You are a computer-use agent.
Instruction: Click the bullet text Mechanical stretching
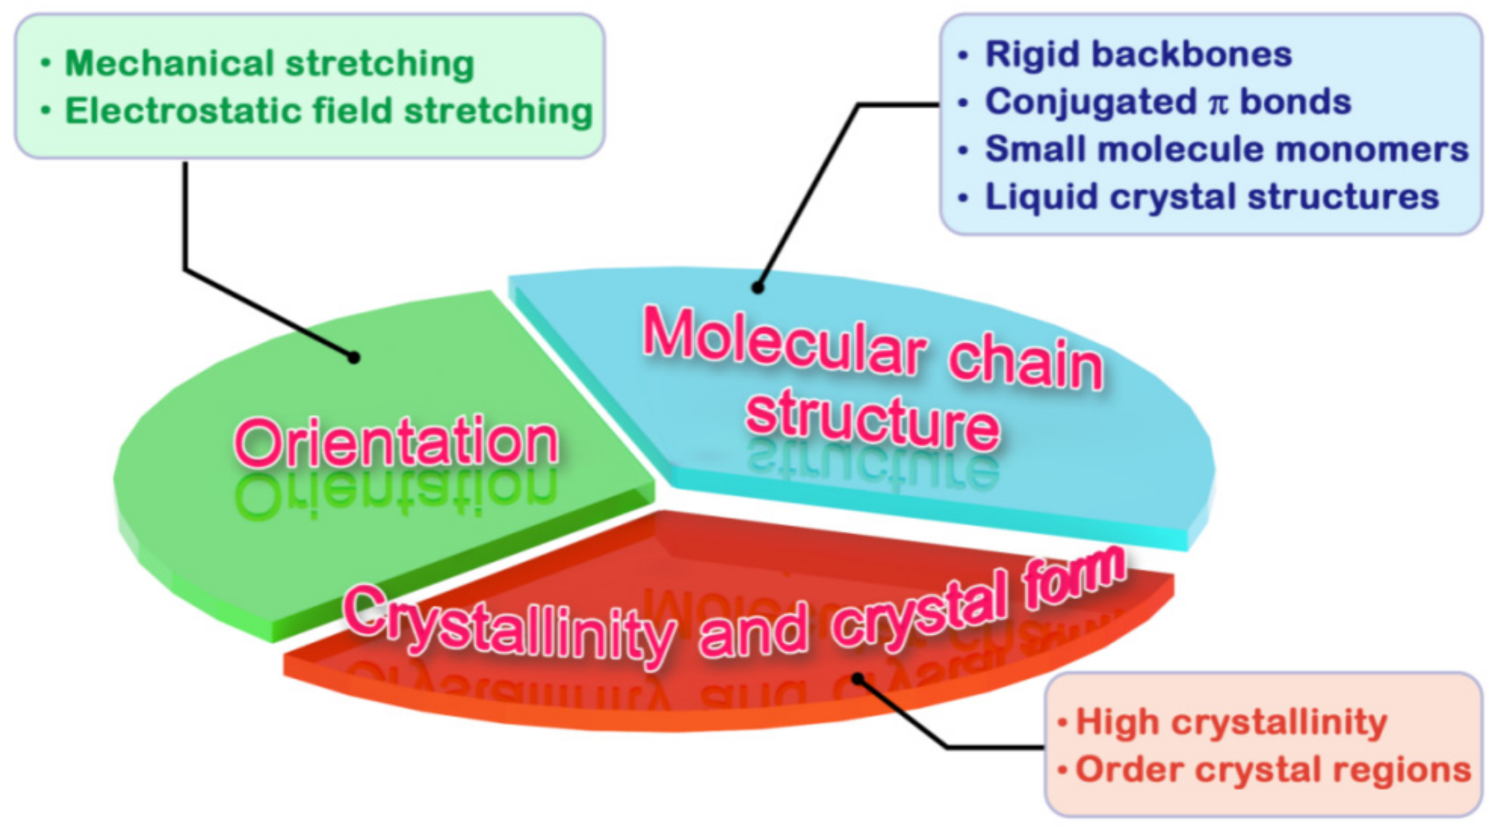coord(269,63)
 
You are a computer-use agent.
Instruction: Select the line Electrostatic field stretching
coord(328,111)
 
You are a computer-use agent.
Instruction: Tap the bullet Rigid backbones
coord(1138,55)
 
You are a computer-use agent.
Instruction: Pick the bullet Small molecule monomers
coord(1226,149)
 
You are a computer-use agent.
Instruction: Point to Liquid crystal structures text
coord(1211,197)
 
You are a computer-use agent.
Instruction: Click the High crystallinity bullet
coord(1231,722)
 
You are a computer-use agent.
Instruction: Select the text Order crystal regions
coord(1273,769)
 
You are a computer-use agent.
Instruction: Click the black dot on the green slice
coord(354,358)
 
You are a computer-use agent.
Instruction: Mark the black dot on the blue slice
coord(758,288)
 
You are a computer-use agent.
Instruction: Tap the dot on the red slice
coord(858,679)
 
